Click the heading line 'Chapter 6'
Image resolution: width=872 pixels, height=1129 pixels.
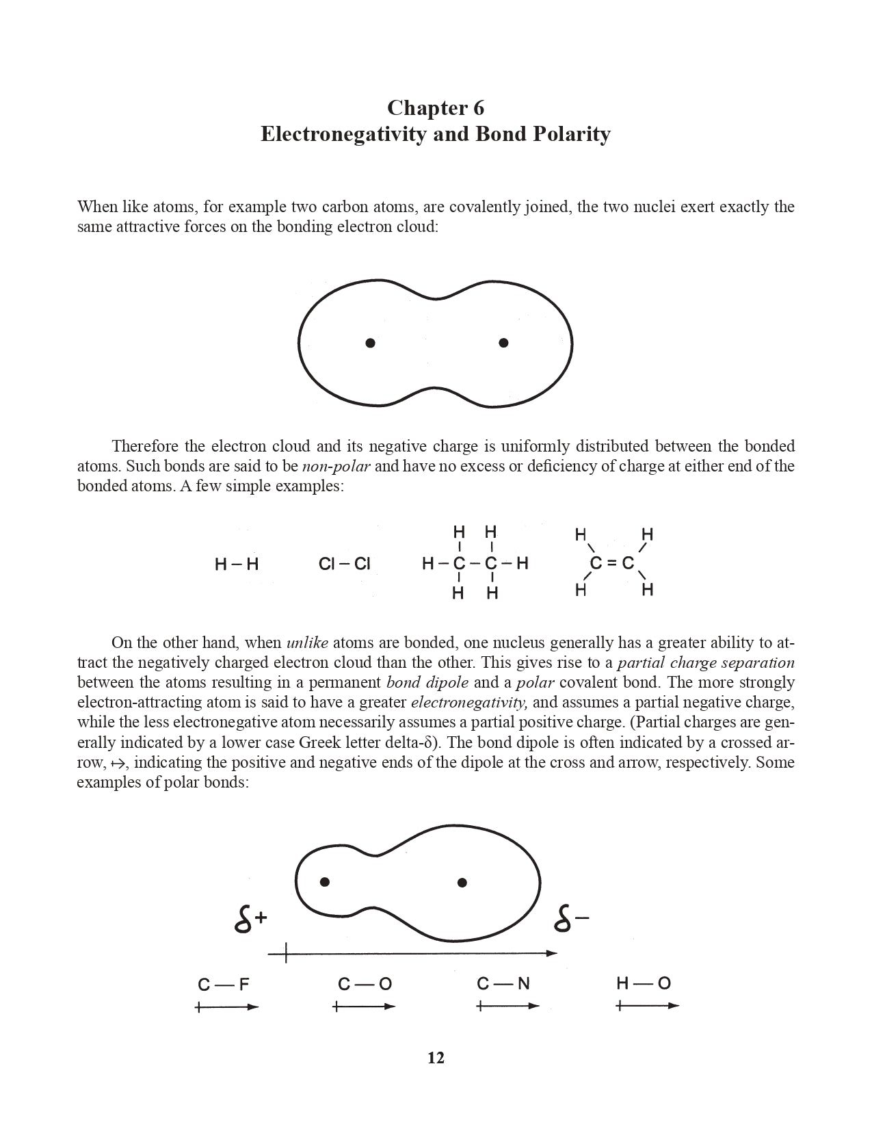[436, 107]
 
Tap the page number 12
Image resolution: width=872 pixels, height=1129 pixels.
[436, 1058]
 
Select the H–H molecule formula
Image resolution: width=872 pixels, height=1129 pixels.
[237, 564]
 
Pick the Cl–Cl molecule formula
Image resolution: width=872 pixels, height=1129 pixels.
[344, 564]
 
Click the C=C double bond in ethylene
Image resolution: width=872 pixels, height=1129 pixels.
[612, 564]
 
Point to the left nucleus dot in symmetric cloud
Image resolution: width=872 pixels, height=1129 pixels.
[370, 343]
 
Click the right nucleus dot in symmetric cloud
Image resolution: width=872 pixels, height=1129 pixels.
[504, 343]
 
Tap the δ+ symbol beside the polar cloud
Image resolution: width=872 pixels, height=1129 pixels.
[250, 922]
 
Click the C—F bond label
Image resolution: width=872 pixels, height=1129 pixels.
[224, 985]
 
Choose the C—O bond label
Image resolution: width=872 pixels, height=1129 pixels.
[365, 985]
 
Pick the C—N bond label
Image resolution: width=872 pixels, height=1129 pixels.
[503, 984]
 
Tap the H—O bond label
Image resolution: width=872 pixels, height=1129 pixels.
[644, 984]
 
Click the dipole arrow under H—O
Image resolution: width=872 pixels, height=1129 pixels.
[647, 1006]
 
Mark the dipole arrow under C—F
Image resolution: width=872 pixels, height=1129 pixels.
[226, 1007]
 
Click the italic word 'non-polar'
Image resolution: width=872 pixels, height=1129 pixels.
[336, 467]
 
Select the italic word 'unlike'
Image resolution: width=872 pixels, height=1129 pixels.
[307, 643]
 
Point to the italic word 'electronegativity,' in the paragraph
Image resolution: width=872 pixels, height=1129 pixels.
[469, 703]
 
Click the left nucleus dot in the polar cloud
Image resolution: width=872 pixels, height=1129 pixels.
[325, 881]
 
